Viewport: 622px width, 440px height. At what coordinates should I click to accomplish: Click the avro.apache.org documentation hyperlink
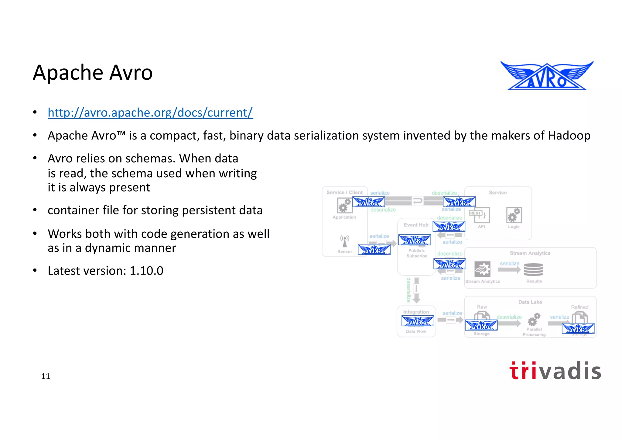pos(150,113)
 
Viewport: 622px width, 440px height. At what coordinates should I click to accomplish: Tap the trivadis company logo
pos(555,371)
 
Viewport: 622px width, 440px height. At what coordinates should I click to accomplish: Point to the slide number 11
pos(46,376)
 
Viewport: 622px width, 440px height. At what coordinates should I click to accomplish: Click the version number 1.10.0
pos(146,271)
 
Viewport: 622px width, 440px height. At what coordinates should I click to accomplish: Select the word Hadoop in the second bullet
pos(569,136)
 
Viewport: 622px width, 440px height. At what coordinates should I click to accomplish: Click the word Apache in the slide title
pos(68,73)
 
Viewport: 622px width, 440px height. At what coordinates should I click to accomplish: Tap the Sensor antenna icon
pos(345,241)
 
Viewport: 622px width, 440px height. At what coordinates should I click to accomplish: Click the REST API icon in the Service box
pos(480,215)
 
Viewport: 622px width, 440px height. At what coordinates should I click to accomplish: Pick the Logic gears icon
pos(514,215)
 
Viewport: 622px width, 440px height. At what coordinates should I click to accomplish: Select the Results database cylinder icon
pos(534,269)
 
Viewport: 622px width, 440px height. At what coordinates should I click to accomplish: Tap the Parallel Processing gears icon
pos(534,319)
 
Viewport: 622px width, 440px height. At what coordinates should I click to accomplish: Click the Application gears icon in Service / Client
pos(344,206)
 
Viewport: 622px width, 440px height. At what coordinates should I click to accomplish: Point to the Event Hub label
pos(416,225)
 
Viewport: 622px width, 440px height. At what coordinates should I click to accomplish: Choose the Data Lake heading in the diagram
pos(530,302)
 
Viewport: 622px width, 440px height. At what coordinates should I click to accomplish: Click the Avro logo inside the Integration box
pos(418,321)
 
